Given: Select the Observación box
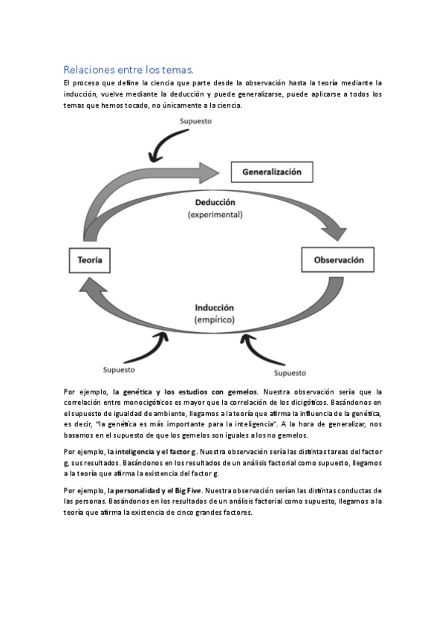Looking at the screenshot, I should [338, 261].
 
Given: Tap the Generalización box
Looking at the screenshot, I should [272, 172].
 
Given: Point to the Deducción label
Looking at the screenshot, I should [215, 202].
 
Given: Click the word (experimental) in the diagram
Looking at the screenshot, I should [215, 214].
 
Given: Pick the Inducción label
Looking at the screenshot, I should [215, 308].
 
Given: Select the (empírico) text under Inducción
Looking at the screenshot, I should [215, 319].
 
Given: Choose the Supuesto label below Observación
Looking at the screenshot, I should [291, 372].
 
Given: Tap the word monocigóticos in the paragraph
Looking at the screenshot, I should [158, 402].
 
